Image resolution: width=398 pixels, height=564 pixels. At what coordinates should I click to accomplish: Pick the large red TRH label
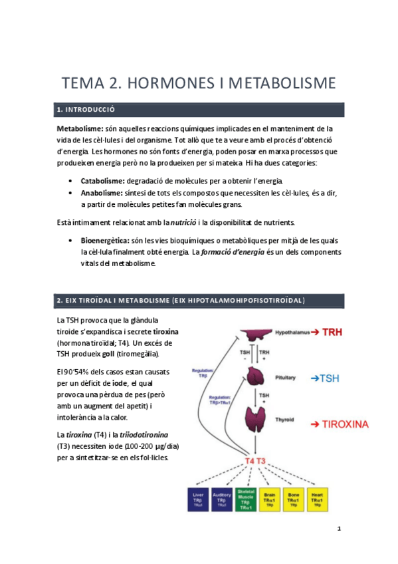337,331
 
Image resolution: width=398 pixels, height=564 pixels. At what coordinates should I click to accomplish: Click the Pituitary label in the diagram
286,377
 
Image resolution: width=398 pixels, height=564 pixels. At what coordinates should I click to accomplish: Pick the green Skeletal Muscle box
245,499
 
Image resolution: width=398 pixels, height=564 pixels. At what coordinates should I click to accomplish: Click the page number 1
340,529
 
